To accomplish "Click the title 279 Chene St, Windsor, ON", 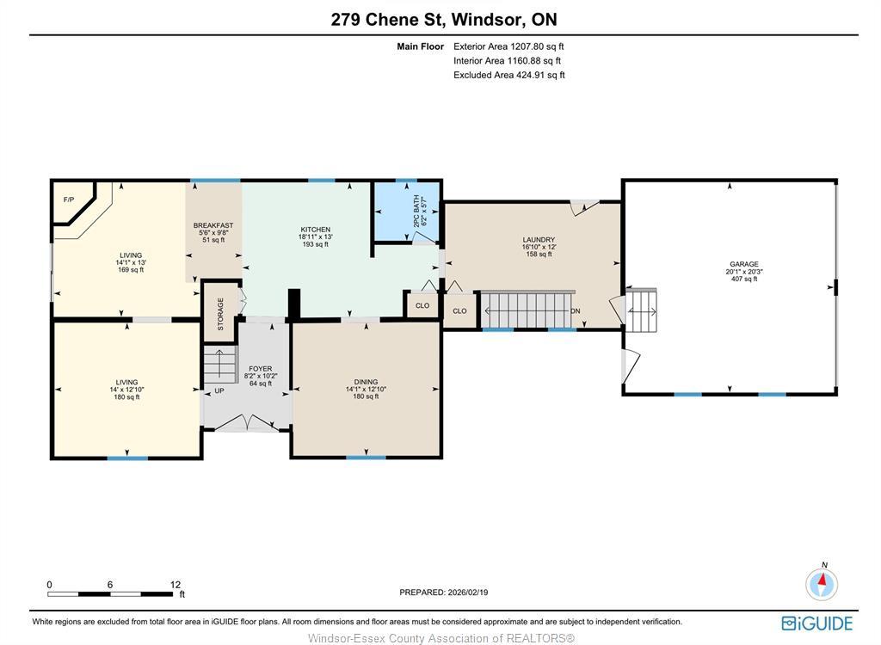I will point(438,20).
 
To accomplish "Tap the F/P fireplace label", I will point(69,200).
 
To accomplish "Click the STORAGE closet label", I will point(220,314).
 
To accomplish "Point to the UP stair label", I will point(219,390).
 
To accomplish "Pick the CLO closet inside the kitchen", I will point(422,305).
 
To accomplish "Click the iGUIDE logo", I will point(817,623).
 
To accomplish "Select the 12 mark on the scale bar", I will point(175,584).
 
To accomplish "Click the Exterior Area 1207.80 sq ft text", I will point(508,46).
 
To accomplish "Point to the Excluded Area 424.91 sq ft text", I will point(508,75).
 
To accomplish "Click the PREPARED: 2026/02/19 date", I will point(443,592).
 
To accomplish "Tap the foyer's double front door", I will point(246,422).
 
